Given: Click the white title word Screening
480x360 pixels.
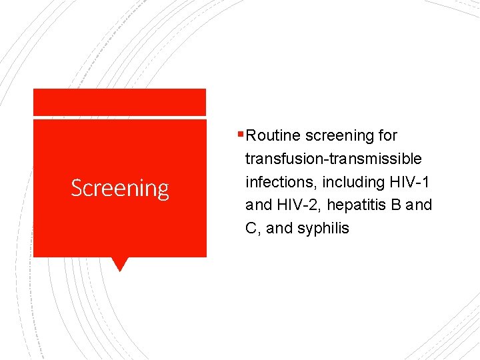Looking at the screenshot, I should [120, 189].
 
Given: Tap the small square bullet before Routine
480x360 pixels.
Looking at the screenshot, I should [241, 136].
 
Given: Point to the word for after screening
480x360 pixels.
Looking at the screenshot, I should [387, 136].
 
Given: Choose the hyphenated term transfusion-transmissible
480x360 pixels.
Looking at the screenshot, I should [333, 159].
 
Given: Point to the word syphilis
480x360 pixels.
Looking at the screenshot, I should [323, 229].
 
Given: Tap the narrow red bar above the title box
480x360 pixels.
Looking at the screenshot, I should [120, 102].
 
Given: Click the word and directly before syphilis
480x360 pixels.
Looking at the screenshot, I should [279, 229].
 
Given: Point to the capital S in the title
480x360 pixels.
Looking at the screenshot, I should [77, 189].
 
